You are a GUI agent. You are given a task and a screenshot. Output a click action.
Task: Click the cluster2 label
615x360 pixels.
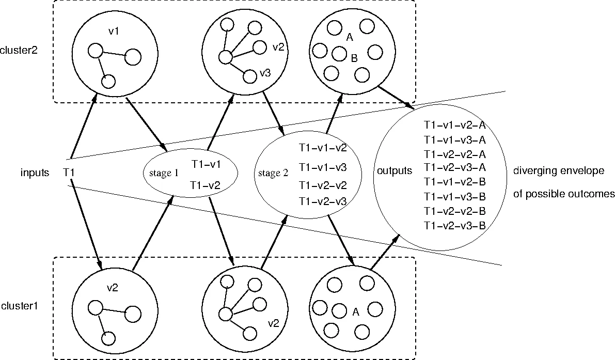click(x=19, y=51)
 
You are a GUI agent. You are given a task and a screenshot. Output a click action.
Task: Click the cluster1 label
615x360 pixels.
click(x=19, y=306)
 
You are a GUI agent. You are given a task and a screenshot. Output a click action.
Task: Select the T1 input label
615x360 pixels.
click(x=70, y=171)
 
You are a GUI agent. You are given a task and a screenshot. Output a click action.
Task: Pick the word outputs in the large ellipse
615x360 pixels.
click(x=395, y=170)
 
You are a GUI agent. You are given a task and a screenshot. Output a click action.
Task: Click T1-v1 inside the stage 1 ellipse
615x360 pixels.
click(x=206, y=164)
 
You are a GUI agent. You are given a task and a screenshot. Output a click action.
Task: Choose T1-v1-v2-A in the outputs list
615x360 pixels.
click(x=454, y=125)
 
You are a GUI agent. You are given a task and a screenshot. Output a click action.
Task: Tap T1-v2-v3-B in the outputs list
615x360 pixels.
click(x=454, y=225)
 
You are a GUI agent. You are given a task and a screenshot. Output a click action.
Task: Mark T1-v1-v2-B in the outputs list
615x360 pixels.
click(x=454, y=182)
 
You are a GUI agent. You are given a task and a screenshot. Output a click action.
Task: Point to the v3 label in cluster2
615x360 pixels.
click(x=265, y=73)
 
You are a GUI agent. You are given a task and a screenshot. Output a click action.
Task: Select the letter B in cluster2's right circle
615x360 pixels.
click(x=354, y=58)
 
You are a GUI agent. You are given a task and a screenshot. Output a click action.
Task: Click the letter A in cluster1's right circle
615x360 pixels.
click(x=355, y=311)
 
